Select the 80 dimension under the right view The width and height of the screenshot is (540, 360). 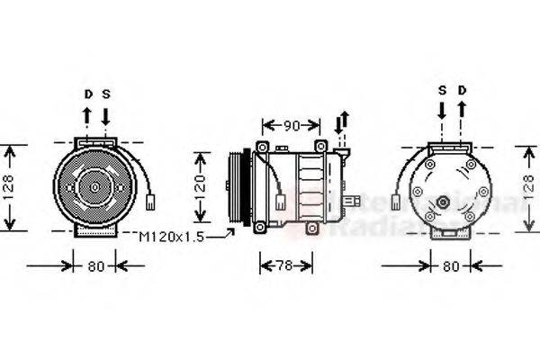[452, 265]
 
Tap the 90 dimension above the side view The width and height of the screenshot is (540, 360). [291, 124]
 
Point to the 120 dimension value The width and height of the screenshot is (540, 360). [202, 185]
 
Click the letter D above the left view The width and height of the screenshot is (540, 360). [88, 93]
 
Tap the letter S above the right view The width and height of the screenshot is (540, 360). [442, 90]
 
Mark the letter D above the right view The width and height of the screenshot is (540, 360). [462, 90]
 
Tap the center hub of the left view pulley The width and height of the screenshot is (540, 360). [94, 187]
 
